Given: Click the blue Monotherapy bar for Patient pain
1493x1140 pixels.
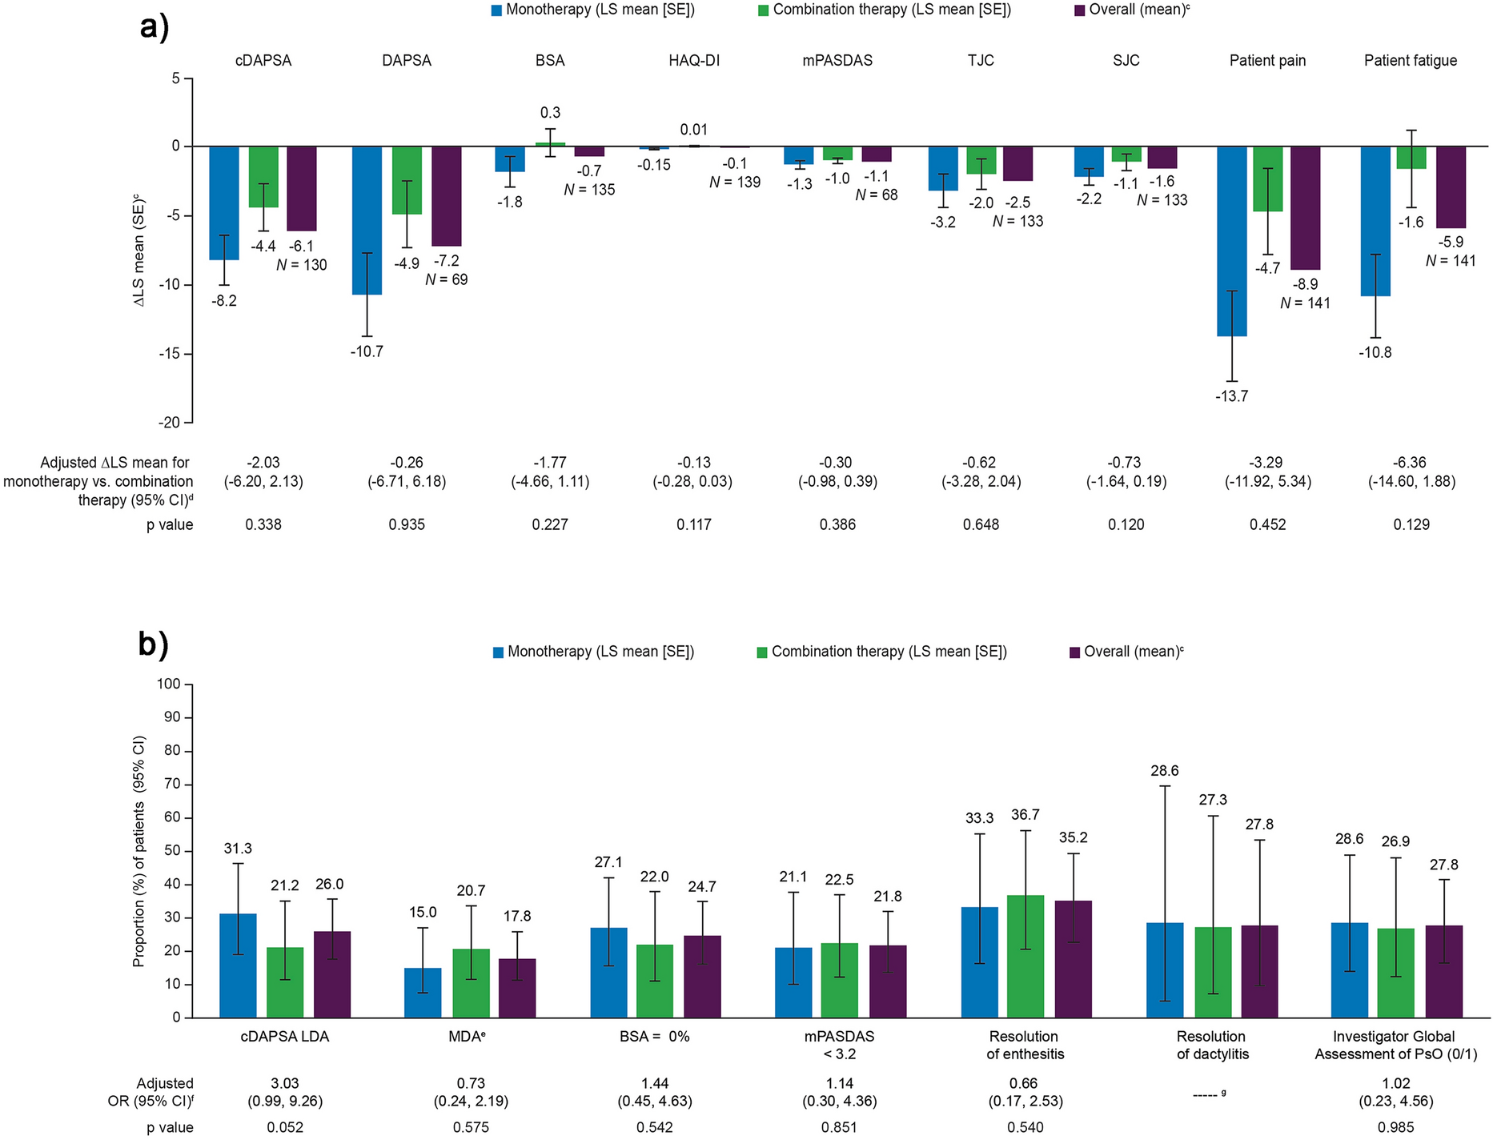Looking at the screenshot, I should [1231, 240].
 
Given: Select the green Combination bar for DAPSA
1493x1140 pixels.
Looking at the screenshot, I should [407, 180].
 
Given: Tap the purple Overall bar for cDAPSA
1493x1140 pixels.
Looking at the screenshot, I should [302, 188].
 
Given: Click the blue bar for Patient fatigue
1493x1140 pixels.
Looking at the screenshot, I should [1375, 221].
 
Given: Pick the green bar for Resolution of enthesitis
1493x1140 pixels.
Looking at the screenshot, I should [1025, 957].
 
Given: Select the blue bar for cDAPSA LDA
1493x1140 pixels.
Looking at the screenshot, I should [238, 965].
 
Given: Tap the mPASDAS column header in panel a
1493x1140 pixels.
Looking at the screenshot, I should [837, 61].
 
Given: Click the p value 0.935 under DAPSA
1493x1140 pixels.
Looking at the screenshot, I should [407, 525].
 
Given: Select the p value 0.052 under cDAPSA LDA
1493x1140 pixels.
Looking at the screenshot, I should [285, 1127].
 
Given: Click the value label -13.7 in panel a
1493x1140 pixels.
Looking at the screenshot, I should [1231, 396].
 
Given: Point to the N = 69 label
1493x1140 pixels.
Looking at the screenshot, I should [446, 279].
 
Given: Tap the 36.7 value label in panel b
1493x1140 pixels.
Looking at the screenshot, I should [1025, 814].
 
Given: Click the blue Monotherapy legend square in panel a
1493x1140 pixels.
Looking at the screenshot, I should [497, 10].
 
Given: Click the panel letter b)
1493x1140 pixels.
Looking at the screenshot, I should [153, 644].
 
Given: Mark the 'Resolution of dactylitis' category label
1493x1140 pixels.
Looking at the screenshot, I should [1212, 1045].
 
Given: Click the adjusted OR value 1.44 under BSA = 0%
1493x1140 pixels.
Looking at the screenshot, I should [655, 1083].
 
